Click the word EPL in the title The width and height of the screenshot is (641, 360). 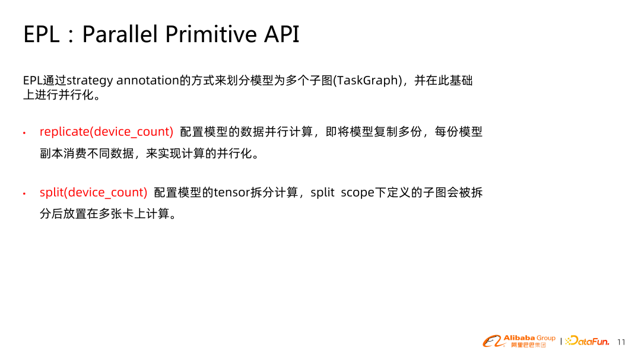click(x=42, y=34)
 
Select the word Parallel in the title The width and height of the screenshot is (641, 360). click(x=120, y=34)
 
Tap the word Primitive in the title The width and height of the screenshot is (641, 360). click(x=211, y=34)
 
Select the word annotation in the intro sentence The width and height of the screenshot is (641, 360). click(x=148, y=80)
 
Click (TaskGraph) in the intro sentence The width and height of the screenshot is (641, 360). click(x=368, y=81)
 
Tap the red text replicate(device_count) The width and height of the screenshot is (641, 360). click(x=106, y=132)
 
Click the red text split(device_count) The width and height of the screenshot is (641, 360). click(x=93, y=193)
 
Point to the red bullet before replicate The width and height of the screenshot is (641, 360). click(x=24, y=133)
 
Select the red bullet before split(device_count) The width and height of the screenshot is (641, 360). click(x=24, y=193)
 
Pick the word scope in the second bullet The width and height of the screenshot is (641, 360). click(x=358, y=193)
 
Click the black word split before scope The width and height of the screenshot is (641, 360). click(x=322, y=193)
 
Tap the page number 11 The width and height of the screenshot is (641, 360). click(x=621, y=342)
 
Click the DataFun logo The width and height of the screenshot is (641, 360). click(x=588, y=341)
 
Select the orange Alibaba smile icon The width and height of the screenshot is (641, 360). click(x=493, y=341)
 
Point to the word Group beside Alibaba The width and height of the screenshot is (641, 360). click(x=546, y=338)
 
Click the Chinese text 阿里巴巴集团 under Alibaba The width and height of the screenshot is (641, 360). click(x=528, y=345)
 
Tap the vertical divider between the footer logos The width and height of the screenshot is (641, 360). click(x=561, y=341)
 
